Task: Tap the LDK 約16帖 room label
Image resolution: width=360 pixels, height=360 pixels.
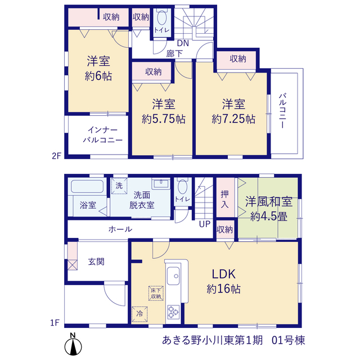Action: [x=224, y=281]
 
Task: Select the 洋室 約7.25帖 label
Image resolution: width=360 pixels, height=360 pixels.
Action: [x=233, y=111]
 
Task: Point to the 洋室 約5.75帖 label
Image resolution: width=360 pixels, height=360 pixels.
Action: [x=164, y=111]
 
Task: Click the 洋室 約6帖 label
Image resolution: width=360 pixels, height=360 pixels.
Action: [x=98, y=68]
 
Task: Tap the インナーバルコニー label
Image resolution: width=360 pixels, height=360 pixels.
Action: [x=102, y=135]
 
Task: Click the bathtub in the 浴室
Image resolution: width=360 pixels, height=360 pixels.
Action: [x=87, y=186]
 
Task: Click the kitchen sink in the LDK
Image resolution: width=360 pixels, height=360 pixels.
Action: [x=173, y=276]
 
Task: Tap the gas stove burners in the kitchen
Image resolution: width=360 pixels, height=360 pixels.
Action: [x=173, y=312]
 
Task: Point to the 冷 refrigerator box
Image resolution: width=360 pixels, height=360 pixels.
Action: [x=139, y=314]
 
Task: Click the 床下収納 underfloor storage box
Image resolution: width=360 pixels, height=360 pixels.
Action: [x=156, y=293]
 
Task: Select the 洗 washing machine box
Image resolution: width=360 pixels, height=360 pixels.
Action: [x=119, y=186]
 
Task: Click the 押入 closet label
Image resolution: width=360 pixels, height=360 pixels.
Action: [x=224, y=199]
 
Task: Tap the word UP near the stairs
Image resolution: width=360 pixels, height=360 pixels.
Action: [x=205, y=224]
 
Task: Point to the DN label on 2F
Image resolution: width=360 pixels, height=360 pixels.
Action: [x=183, y=43]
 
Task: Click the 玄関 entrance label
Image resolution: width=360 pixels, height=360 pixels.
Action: [x=96, y=261]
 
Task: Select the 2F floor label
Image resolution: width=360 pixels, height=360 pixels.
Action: [x=56, y=156]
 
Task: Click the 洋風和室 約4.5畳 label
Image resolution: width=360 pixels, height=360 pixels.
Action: [x=269, y=209]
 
